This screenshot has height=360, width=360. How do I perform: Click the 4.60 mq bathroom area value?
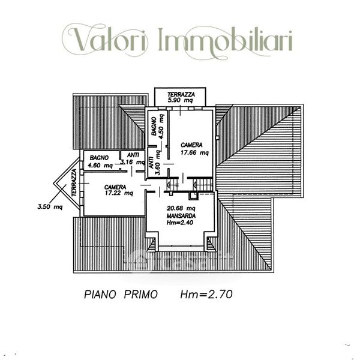point(100,165)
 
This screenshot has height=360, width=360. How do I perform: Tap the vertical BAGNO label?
point(154,127)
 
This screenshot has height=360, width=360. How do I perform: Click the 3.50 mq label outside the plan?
point(50,207)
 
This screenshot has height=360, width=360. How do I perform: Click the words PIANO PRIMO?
point(121,295)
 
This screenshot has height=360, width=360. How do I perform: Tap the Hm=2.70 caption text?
point(206,295)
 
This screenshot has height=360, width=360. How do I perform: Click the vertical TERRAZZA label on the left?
point(74,182)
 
